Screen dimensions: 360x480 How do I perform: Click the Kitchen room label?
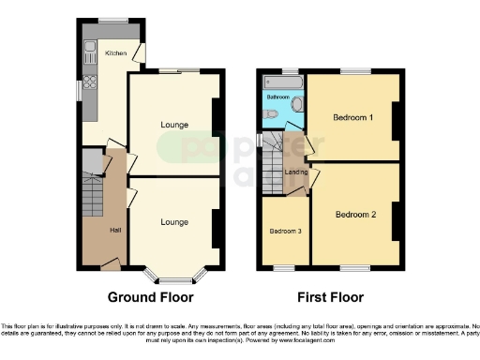point(115,53)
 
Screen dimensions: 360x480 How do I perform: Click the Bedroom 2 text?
point(356,215)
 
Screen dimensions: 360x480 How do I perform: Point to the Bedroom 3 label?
point(285,232)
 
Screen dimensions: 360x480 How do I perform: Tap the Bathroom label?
point(277,97)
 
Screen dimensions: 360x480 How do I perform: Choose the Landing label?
point(297,171)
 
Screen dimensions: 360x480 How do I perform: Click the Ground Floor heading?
point(151,297)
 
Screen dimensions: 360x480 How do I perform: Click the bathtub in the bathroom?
point(280,83)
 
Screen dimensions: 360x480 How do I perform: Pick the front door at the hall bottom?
point(110,267)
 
